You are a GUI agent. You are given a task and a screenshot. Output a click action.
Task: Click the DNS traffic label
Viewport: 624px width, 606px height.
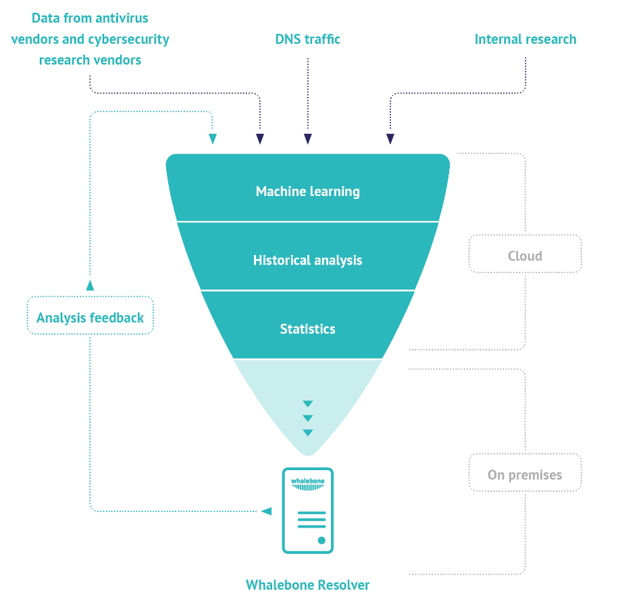[308, 39]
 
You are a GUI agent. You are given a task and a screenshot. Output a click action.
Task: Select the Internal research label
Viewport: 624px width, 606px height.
[525, 39]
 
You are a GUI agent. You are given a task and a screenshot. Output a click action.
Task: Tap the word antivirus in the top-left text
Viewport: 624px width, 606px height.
[122, 18]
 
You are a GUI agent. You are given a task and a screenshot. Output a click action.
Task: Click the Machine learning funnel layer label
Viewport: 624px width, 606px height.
[308, 191]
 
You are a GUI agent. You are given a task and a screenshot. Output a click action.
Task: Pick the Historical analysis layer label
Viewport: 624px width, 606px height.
[308, 260]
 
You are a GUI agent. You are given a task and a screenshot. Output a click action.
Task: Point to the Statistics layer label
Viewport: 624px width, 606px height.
[308, 329]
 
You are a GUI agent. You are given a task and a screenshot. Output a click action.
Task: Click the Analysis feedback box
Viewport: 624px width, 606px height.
[90, 315]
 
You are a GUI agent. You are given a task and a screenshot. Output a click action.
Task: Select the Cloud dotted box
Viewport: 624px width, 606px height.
[525, 254]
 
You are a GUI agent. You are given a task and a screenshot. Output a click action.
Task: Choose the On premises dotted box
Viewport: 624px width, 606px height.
[525, 473]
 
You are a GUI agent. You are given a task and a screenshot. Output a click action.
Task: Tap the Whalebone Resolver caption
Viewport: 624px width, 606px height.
[308, 585]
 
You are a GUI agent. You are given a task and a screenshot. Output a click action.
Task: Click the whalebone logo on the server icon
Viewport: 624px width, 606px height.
[308, 484]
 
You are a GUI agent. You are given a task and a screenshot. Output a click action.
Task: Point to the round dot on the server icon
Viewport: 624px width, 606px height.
[321, 540]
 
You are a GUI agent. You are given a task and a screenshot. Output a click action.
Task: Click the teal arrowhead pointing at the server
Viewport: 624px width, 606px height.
[266, 511]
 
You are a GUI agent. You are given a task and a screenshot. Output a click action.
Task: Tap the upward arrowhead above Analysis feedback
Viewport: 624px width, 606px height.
[90, 285]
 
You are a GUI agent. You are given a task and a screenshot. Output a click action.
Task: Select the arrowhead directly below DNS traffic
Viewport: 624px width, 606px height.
[308, 139]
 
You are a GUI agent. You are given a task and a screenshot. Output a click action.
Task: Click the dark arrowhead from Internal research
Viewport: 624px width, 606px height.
[390, 139]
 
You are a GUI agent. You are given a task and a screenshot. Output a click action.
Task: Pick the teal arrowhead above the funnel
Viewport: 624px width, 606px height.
[213, 139]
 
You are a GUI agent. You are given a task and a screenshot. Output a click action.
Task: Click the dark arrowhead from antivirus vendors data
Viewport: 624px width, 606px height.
[260, 139]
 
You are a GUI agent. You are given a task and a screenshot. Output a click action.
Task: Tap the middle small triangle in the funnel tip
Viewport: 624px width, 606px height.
[308, 418]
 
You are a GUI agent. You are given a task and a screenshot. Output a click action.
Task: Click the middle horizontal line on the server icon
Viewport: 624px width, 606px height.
[311, 519]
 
